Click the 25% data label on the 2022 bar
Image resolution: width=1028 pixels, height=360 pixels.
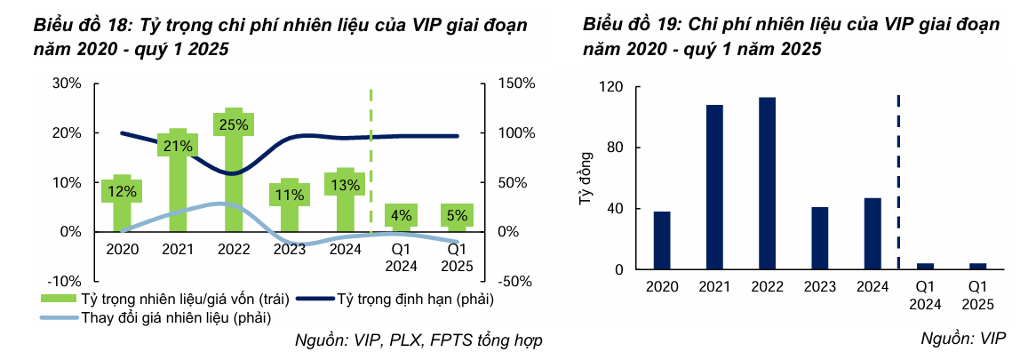tap(234, 124)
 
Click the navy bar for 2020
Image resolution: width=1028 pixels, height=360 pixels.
tap(662, 240)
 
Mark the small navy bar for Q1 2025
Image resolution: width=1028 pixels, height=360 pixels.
tap(978, 266)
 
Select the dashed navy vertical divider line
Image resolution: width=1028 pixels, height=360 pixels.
tap(899, 178)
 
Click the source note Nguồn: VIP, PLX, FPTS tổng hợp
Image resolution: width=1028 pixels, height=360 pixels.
tap(418, 340)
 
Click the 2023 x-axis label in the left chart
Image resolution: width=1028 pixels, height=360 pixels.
tap(290, 250)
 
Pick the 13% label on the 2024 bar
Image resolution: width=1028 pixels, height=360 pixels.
tap(345, 186)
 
